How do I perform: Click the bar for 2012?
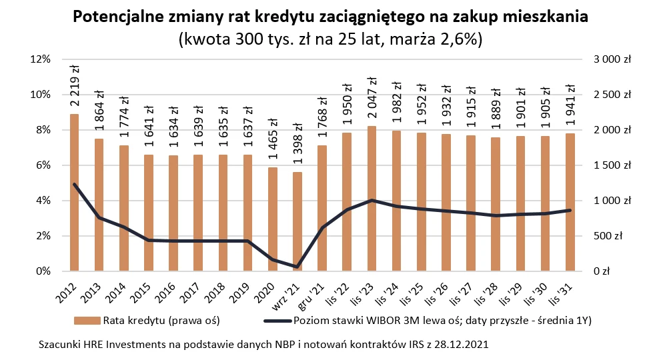(74, 193)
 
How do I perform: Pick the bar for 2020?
(272, 219)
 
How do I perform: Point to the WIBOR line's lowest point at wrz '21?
(297, 267)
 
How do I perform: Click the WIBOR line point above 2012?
(74, 184)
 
